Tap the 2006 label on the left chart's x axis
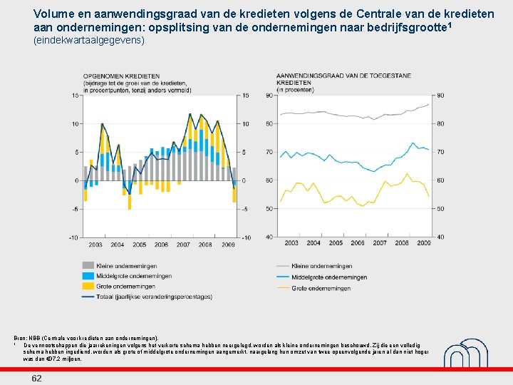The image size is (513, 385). coord(161,244)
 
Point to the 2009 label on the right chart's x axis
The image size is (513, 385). coord(423,243)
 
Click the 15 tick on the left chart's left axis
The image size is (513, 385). coord(76,96)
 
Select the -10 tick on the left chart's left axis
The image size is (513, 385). coord(74,237)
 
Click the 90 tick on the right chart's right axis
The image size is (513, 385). coord(440,95)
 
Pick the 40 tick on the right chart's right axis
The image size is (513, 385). coord(440,237)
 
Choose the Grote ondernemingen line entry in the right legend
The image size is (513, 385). coord(321,288)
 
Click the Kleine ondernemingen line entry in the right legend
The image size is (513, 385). coord(323,266)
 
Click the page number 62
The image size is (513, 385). coord(36,378)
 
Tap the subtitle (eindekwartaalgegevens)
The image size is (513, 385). coord(89,41)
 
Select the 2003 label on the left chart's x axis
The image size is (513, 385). coord(95,244)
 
